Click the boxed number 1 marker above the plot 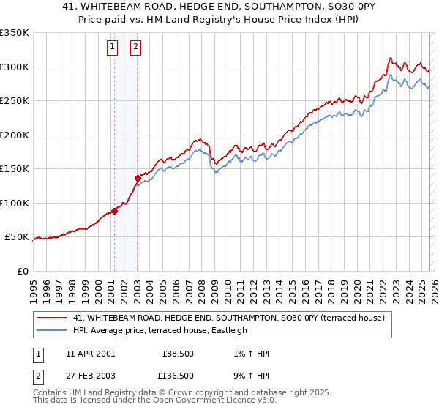pyautogui.click(x=113, y=48)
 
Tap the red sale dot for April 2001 pyautogui.click(x=114, y=211)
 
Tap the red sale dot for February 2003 pyautogui.click(x=138, y=178)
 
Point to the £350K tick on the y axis pyautogui.click(x=15, y=33)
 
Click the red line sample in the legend pyautogui.click(x=52, y=318)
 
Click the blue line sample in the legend pyautogui.click(x=52, y=330)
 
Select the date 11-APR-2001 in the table pyautogui.click(x=90, y=354)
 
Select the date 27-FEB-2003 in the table pyautogui.click(x=90, y=374)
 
